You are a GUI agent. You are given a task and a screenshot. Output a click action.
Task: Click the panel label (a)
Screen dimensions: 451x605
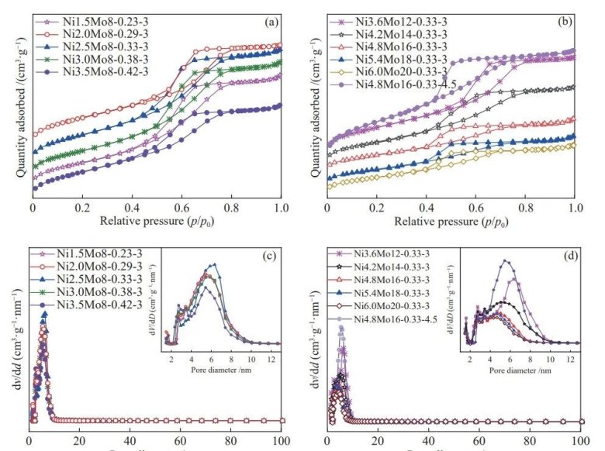pyautogui.click(x=271, y=22)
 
